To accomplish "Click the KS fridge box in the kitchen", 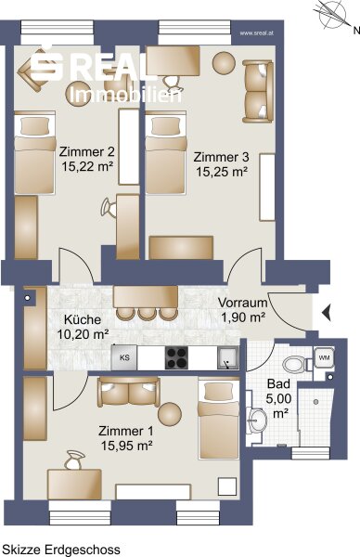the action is [x=124, y=357].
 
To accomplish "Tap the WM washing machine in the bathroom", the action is [x=324, y=357].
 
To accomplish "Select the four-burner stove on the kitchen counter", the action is [x=176, y=357].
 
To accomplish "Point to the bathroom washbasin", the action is [x=256, y=421].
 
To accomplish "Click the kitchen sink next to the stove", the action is [x=227, y=358].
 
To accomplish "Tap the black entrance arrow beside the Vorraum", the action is [x=327, y=313].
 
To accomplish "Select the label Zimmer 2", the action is [x=86, y=151].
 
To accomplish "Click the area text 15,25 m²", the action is [x=222, y=172].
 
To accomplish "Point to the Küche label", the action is [x=83, y=319].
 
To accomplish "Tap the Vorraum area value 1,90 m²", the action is [x=243, y=317].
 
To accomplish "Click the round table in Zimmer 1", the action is [x=170, y=414].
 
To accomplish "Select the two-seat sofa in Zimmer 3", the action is [x=258, y=91].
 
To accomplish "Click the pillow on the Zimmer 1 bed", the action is [x=218, y=391].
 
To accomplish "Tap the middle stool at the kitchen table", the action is [x=147, y=314].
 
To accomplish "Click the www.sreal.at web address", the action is [x=256, y=33].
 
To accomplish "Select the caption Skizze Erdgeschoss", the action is [x=61, y=550].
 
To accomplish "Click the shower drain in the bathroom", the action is [x=315, y=402].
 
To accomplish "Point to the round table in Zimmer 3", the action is [x=224, y=63].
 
